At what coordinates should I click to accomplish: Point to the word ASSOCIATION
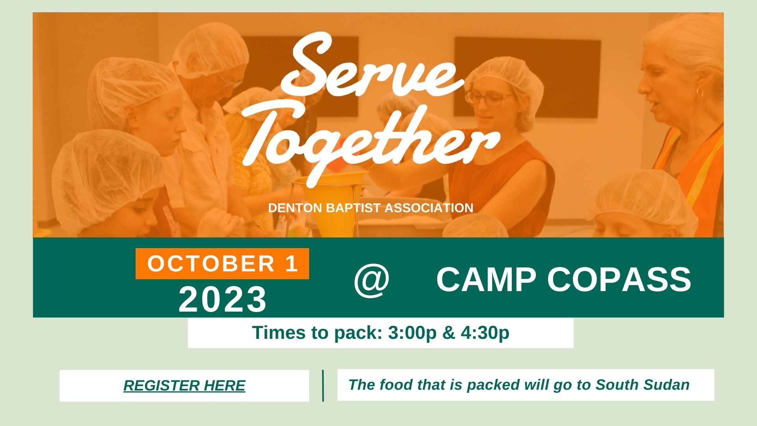429,208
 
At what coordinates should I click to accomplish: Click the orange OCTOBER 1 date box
222,263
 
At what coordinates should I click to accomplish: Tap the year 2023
223,299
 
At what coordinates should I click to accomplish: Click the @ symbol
371,280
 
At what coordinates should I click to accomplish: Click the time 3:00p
412,333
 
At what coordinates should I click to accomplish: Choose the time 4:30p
485,333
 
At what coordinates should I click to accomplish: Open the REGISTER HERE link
185,385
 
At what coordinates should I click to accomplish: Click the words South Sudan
642,385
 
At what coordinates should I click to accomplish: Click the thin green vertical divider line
323,385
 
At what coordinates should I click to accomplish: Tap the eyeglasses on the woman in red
489,98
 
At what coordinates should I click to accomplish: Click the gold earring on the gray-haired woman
700,93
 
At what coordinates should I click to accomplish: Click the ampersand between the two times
449,333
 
